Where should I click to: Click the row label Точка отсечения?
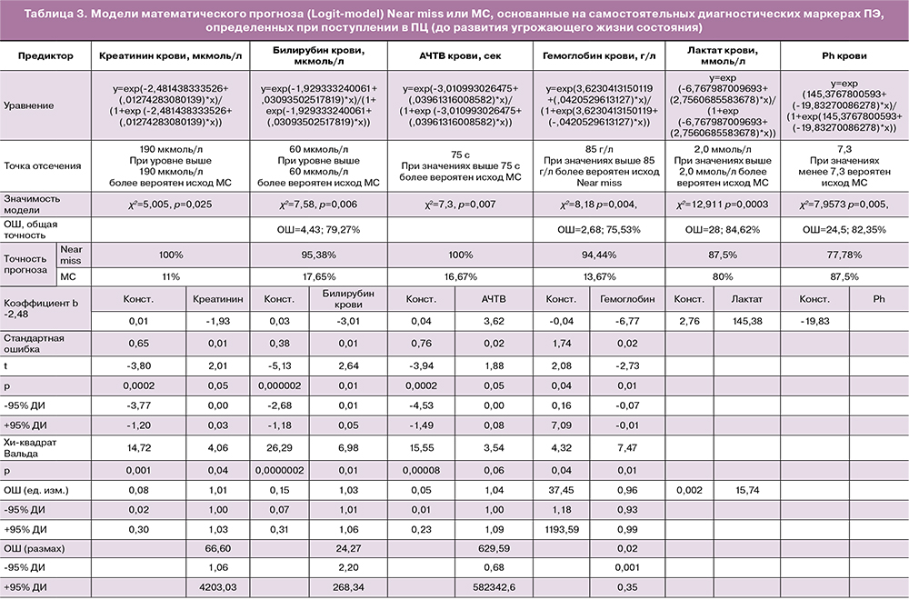coord(43,165)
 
